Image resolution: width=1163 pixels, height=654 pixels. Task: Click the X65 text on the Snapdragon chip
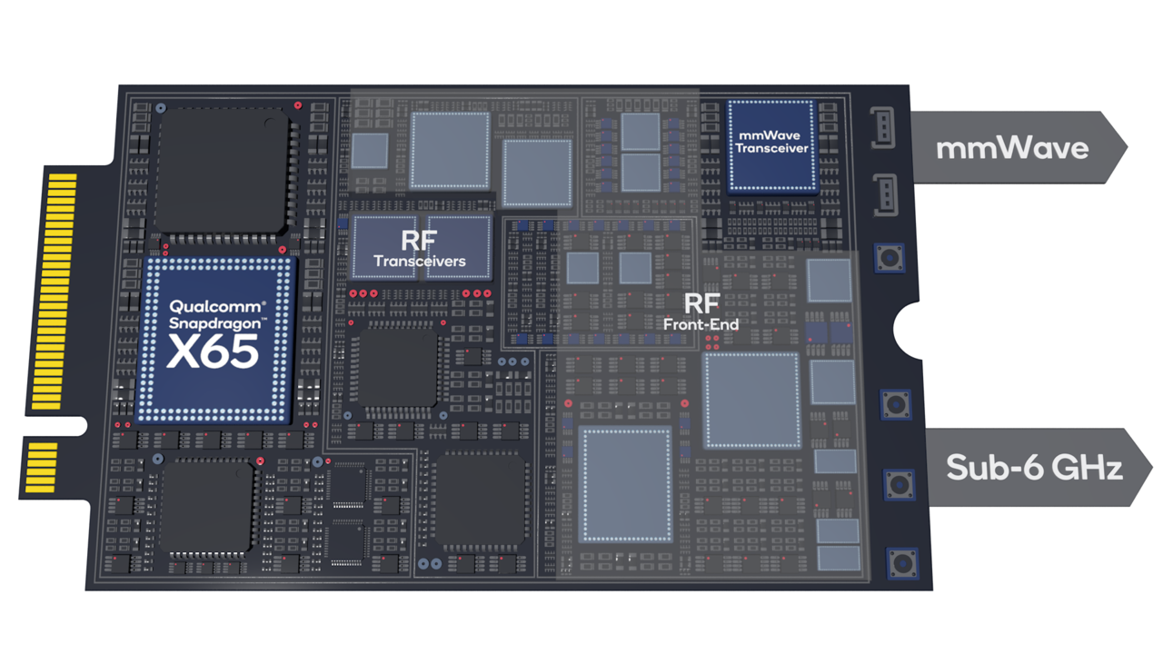[213, 352]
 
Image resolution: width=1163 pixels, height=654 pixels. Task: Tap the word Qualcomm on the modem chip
[216, 307]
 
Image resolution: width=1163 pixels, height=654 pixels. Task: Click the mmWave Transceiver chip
[772, 145]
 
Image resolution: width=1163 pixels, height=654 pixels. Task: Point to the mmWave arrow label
[1012, 147]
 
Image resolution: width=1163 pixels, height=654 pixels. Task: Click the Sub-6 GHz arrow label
[1034, 467]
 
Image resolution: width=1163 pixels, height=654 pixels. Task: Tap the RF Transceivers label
[420, 249]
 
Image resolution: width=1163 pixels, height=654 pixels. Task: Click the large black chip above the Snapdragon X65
[224, 173]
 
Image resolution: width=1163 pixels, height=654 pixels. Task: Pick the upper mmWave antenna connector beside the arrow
[882, 127]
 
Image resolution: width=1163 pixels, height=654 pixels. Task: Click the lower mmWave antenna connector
[882, 194]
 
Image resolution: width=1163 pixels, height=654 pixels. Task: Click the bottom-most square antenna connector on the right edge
[902, 563]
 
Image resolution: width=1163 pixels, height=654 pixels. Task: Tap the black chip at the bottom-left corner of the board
[206, 506]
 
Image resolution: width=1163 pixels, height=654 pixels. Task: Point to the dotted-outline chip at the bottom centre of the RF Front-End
[626, 483]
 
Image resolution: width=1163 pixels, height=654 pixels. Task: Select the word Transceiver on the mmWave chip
[772, 149]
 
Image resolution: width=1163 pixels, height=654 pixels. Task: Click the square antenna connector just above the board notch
[890, 259]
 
